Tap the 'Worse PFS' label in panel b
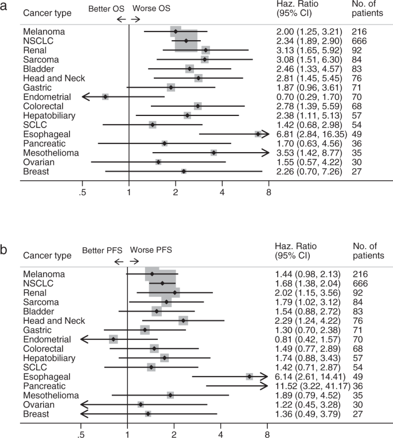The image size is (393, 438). click(x=151, y=250)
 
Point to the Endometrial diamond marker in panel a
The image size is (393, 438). click(x=106, y=97)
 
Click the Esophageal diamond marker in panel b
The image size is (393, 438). click(x=250, y=377)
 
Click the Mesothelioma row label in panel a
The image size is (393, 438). click(x=50, y=153)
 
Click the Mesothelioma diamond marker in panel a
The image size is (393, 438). click(x=214, y=153)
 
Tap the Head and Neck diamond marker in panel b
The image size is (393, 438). click(x=183, y=321)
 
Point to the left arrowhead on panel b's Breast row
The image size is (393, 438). click(x=84, y=413)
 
